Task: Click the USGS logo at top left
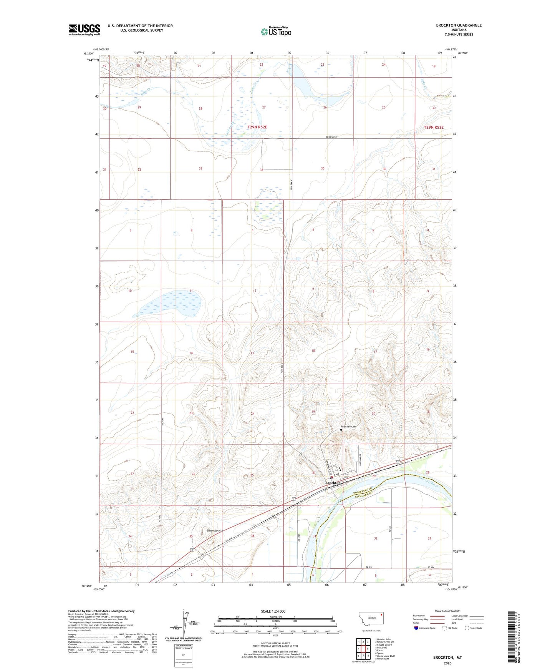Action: [x=84, y=30]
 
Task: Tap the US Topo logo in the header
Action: [x=276, y=31]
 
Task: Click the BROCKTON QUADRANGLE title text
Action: [x=459, y=25]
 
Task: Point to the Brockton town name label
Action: [x=333, y=483]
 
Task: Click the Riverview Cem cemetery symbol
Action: [x=341, y=430]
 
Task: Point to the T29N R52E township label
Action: [x=257, y=127]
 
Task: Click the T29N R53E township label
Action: [x=433, y=127]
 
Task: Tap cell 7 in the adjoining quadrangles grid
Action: [x=358, y=656]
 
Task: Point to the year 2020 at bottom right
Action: [x=447, y=663]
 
